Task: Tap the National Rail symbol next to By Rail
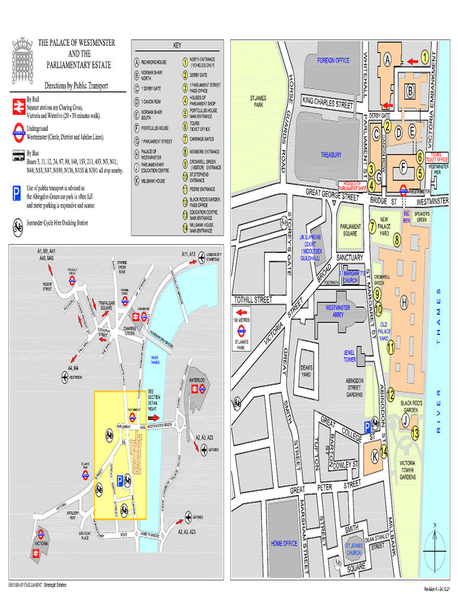[x=18, y=106]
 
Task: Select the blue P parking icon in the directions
[x=18, y=193]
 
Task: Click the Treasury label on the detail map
[x=331, y=155]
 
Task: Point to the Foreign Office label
[x=333, y=60]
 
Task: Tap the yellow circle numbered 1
[x=425, y=57]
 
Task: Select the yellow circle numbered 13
[x=414, y=433]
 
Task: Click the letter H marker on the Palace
[x=404, y=304]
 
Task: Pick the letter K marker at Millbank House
[x=375, y=456]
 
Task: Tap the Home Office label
[x=284, y=544]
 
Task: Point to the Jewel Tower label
[x=349, y=356]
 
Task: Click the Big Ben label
[x=407, y=216]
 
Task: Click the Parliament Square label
[x=350, y=230]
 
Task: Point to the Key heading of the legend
[x=177, y=45]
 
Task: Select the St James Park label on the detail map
[x=258, y=101]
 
